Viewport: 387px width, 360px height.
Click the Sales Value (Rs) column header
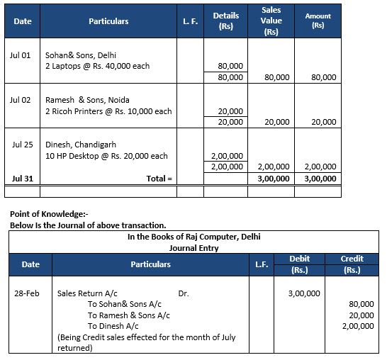(x=271, y=21)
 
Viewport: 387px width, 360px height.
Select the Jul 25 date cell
(x=23, y=144)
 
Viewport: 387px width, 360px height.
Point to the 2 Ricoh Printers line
(x=108, y=111)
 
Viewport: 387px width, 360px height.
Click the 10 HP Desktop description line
(x=106, y=156)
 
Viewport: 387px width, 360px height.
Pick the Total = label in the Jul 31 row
(x=159, y=179)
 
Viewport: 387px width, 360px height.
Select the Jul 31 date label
(x=23, y=179)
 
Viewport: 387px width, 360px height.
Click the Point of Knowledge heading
(x=50, y=214)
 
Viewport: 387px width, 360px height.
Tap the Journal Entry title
(x=193, y=248)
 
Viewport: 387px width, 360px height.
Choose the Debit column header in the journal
(x=305, y=259)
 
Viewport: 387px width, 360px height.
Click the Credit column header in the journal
(x=352, y=259)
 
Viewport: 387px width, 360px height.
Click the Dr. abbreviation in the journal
(x=184, y=293)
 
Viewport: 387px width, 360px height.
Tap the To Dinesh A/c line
(x=113, y=326)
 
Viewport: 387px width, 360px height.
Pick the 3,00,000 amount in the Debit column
(x=305, y=293)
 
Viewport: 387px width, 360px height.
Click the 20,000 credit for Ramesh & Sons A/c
(x=361, y=315)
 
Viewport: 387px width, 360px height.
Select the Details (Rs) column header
(x=225, y=21)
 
